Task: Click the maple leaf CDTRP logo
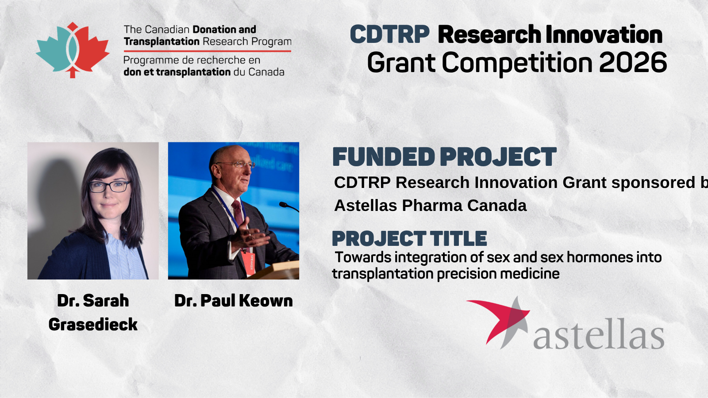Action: pyautogui.click(x=73, y=50)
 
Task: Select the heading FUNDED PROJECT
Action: pyautogui.click(x=444, y=157)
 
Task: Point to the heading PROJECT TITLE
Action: pyautogui.click(x=409, y=238)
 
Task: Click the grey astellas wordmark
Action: pyautogui.click(x=599, y=333)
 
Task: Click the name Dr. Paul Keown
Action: pyautogui.click(x=234, y=300)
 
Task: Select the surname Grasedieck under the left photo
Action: pyautogui.click(x=93, y=325)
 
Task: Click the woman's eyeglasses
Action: pyautogui.click(x=109, y=187)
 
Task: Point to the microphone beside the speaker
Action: pyautogui.click(x=288, y=207)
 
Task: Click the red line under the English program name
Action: pyautogui.click(x=208, y=51)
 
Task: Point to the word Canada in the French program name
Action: pyautogui.click(x=266, y=73)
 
